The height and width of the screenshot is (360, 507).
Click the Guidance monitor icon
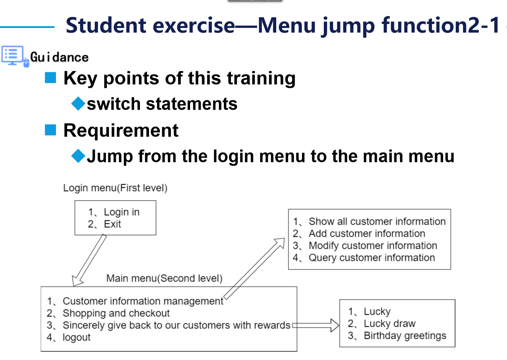tap(13, 56)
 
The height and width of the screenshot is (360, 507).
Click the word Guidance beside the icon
tap(59, 57)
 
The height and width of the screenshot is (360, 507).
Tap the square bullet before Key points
tap(51, 78)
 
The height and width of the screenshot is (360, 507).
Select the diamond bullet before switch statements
tap(78, 104)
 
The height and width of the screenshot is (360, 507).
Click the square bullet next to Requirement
tap(51, 130)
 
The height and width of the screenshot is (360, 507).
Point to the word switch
tap(113, 104)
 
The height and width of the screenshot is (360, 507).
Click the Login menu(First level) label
tap(115, 188)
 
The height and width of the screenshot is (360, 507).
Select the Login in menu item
tap(121, 212)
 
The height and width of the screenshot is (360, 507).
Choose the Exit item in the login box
tap(112, 224)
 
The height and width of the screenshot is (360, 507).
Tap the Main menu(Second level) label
tap(164, 278)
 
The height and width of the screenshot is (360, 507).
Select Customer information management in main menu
tap(143, 301)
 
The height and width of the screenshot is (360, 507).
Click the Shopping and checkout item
tap(116, 313)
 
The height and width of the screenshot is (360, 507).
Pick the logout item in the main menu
tap(76, 337)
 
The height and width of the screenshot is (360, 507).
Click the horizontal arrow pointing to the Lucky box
tap(315, 325)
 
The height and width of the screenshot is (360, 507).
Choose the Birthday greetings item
tap(405, 336)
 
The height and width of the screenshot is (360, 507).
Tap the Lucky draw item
tap(389, 324)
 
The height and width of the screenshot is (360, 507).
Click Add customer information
tap(367, 234)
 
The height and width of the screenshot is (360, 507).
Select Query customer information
tap(371, 258)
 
